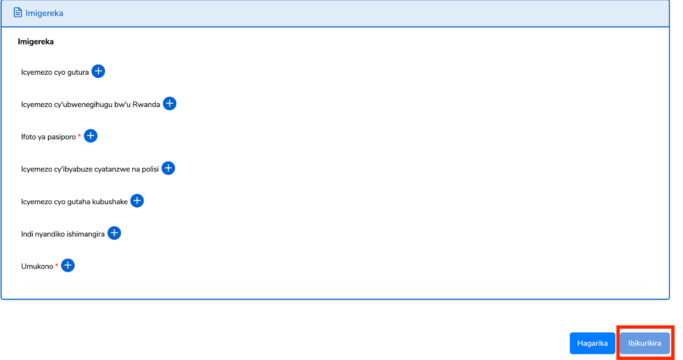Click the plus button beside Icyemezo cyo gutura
pyautogui.click(x=98, y=71)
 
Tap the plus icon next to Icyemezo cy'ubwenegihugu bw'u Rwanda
pyautogui.click(x=169, y=103)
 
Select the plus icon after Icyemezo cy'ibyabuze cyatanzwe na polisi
pyautogui.click(x=168, y=168)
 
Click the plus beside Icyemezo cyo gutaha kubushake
pyautogui.click(x=137, y=201)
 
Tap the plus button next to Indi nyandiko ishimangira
pyautogui.click(x=114, y=233)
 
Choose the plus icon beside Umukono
pyautogui.click(x=68, y=265)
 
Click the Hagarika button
pyautogui.click(x=592, y=343)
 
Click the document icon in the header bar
pyautogui.click(x=18, y=12)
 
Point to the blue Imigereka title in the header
pyautogui.click(x=44, y=13)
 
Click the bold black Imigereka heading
pyautogui.click(x=36, y=42)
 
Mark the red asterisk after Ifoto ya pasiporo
pyautogui.click(x=79, y=136)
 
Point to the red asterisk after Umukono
pyautogui.click(x=57, y=265)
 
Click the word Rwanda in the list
pyautogui.click(x=146, y=105)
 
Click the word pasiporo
pyautogui.click(x=61, y=137)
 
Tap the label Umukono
pyautogui.click(x=37, y=266)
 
